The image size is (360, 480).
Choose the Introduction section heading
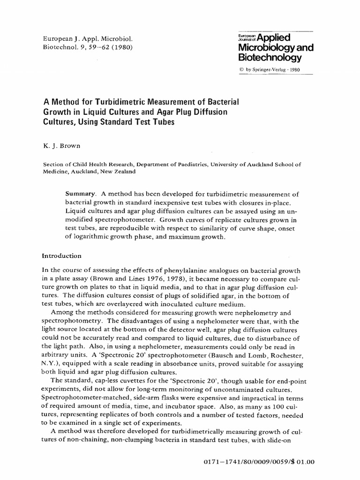tap(62, 256)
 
